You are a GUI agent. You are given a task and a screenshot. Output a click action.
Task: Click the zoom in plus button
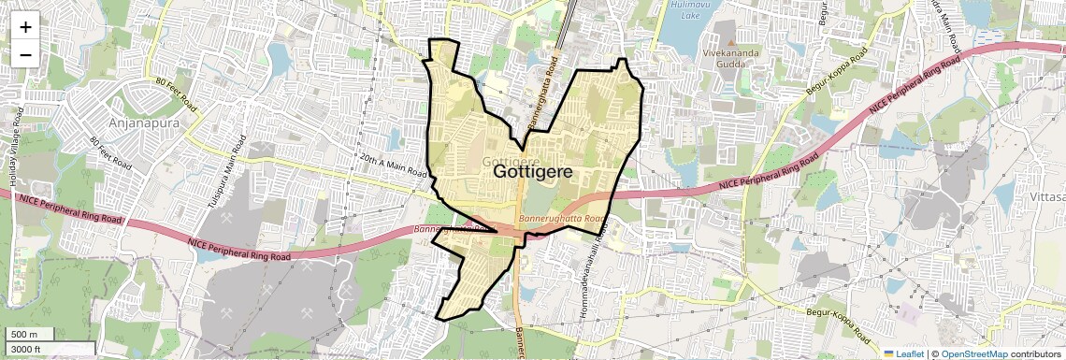click(x=25, y=26)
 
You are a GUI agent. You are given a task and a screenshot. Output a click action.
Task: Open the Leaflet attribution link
click(x=905, y=353)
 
